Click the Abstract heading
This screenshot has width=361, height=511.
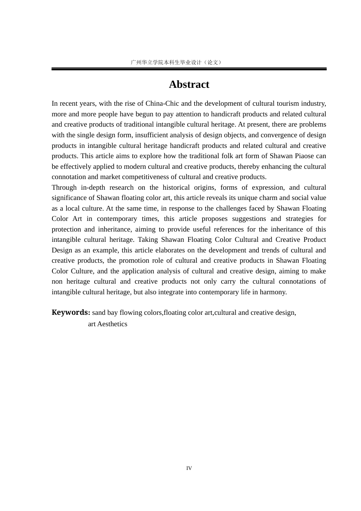click(189, 84)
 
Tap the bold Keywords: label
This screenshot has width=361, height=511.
click(71, 313)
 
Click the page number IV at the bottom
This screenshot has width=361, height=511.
click(189, 468)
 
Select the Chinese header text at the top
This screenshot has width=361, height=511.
click(176, 62)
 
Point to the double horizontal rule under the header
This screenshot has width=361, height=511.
click(189, 69)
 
